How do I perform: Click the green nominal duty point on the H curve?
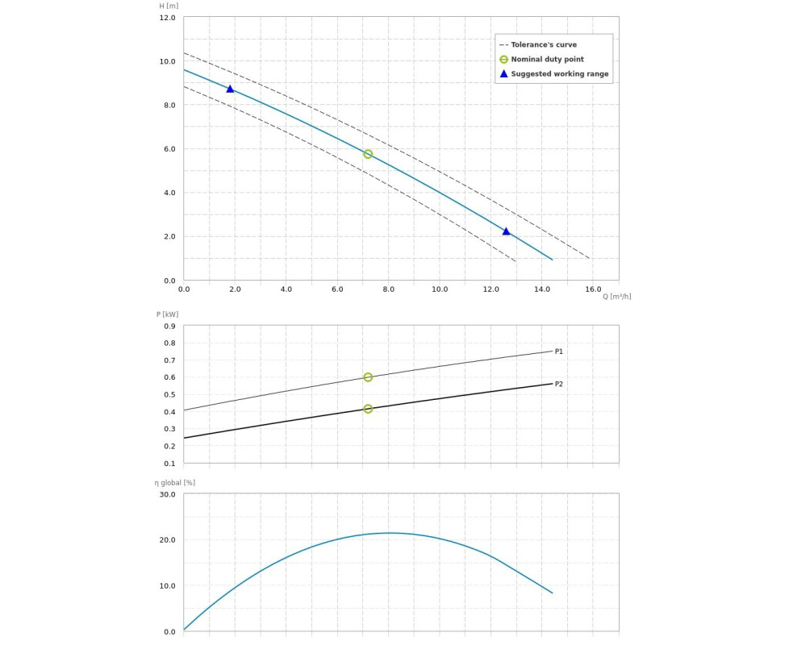click(x=368, y=154)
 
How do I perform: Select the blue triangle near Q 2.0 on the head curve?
click(x=230, y=89)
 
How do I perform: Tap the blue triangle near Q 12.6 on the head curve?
click(x=506, y=231)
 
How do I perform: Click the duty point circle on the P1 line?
click(x=368, y=377)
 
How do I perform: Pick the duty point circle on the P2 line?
click(x=368, y=409)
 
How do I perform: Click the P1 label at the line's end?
click(x=559, y=352)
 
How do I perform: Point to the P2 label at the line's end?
click(x=559, y=384)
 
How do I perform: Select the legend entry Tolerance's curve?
click(x=544, y=45)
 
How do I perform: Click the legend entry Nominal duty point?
click(x=547, y=60)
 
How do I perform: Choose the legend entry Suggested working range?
click(x=560, y=74)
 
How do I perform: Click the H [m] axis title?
click(x=169, y=6)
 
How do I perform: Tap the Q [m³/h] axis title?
click(x=616, y=296)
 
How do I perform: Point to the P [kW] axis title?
click(x=168, y=314)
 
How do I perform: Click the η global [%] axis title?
click(x=175, y=482)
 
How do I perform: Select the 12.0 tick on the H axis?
click(x=167, y=18)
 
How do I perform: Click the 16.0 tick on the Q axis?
click(x=593, y=289)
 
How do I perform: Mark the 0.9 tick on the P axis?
click(x=169, y=327)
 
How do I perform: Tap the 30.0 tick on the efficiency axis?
click(x=167, y=494)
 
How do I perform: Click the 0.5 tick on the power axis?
click(x=169, y=395)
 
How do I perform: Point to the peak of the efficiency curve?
click(x=390, y=533)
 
